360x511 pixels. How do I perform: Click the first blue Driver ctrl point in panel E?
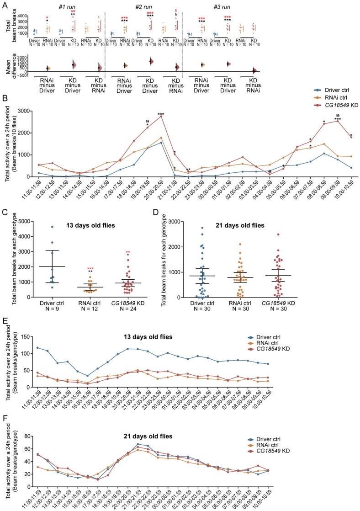[x=37, y=348]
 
